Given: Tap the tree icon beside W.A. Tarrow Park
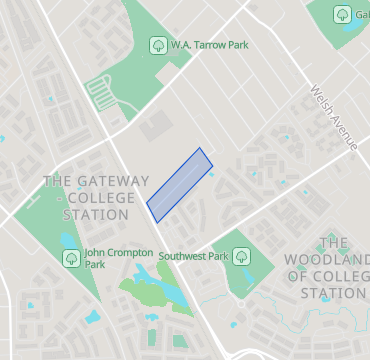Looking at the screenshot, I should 157,44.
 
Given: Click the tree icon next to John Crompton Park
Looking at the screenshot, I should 71,258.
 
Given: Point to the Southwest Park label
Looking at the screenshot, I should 194,256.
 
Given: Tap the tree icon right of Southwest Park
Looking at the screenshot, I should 241,256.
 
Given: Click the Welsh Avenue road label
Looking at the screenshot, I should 333,118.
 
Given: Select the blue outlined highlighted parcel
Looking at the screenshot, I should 180,184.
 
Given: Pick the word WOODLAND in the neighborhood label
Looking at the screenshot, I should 335,260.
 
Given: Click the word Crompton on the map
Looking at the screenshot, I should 124,252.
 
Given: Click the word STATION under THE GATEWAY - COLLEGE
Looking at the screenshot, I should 96,215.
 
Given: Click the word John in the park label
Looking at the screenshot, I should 96,252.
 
